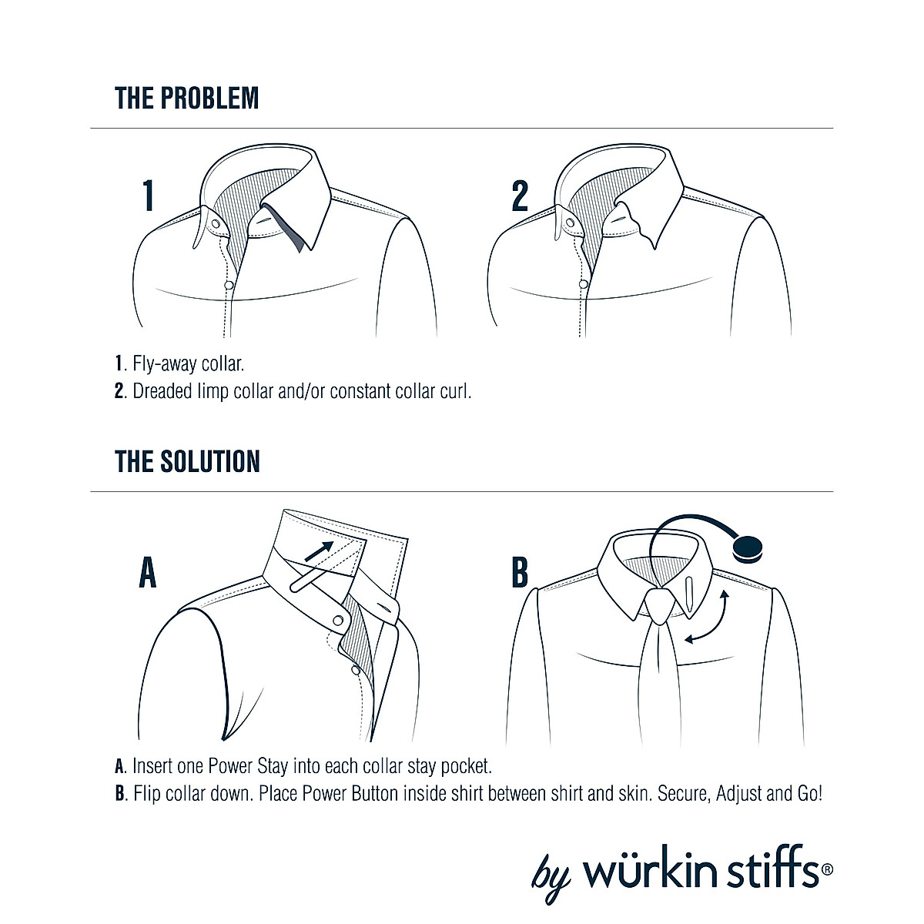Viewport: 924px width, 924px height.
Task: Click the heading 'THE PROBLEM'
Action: (x=187, y=99)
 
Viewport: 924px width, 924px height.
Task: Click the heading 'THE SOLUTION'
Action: (x=187, y=461)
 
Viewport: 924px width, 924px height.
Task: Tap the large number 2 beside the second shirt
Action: (x=520, y=196)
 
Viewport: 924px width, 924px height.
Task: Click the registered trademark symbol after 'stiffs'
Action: (x=827, y=869)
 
